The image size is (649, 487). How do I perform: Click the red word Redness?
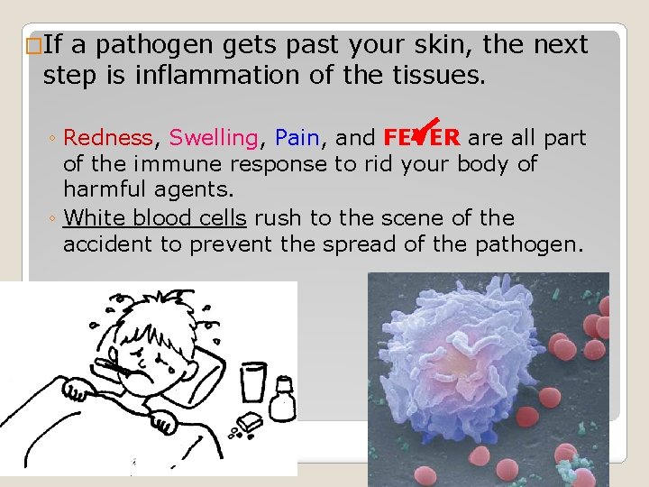(108, 138)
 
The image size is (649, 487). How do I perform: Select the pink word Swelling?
(214, 138)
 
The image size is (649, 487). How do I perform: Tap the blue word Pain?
(297, 138)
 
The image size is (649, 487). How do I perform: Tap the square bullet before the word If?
(34, 45)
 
